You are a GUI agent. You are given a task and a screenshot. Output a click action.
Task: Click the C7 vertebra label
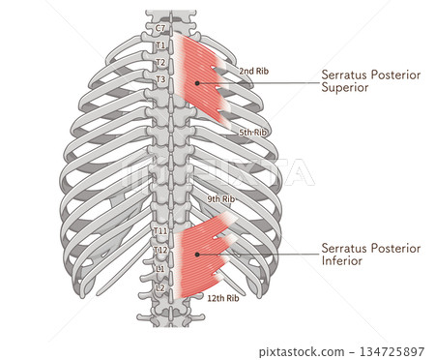coord(160,28)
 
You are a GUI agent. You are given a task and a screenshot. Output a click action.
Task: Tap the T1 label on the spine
coord(160,45)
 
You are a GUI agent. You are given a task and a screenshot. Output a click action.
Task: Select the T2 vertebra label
coord(160,62)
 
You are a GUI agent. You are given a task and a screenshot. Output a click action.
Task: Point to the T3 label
coord(160,79)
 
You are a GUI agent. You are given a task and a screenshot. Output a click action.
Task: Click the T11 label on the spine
coord(160,231)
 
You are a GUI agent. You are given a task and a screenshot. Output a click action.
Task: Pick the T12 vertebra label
coord(160,250)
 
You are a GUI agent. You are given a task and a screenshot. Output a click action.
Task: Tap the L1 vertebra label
coord(160,268)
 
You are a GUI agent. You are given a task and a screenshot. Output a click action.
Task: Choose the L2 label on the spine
coord(160,287)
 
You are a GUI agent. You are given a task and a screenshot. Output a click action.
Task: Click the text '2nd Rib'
coord(253,71)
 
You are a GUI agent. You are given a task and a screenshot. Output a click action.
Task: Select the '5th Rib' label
coord(253,132)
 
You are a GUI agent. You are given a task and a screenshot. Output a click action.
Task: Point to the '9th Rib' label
coord(220,199)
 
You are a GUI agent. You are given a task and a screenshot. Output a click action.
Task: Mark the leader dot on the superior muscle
coord(197,83)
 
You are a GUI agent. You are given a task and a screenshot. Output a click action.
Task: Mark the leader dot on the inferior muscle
coord(197,254)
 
